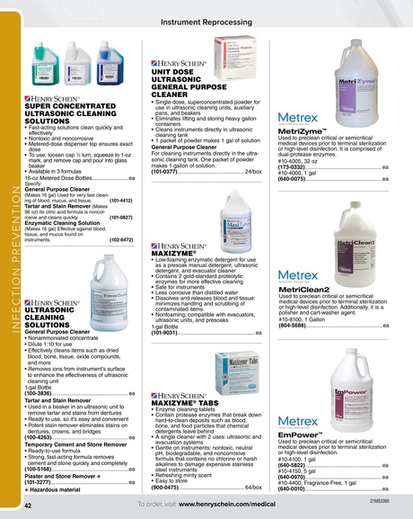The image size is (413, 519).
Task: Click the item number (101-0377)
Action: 170,171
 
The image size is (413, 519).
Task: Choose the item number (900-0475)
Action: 170,488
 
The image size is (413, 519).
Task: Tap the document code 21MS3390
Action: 380,498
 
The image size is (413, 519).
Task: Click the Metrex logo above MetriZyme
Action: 298,119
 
